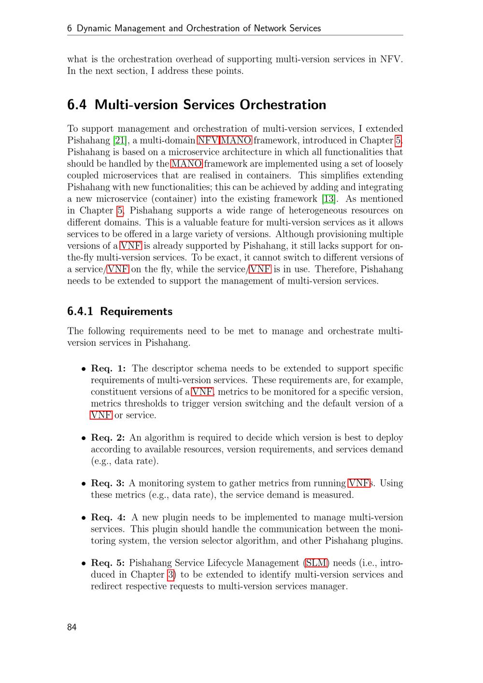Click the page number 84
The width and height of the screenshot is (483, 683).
(72, 627)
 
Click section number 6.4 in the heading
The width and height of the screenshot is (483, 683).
(77, 105)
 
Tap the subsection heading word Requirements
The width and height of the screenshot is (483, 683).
(136, 312)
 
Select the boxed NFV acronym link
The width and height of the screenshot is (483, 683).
(208, 141)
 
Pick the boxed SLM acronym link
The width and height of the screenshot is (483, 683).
(317, 563)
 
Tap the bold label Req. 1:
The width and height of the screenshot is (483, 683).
(108, 369)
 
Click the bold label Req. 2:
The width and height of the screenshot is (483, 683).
(108, 438)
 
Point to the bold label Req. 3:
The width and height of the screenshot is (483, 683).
(108, 484)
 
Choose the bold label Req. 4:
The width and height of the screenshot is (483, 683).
(108, 517)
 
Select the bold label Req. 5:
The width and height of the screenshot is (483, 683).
(108, 563)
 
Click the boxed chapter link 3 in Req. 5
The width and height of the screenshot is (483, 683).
(170, 575)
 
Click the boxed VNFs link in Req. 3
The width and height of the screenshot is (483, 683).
(359, 484)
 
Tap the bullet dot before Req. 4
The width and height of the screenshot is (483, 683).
(84, 518)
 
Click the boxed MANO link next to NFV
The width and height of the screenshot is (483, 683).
(236, 141)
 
